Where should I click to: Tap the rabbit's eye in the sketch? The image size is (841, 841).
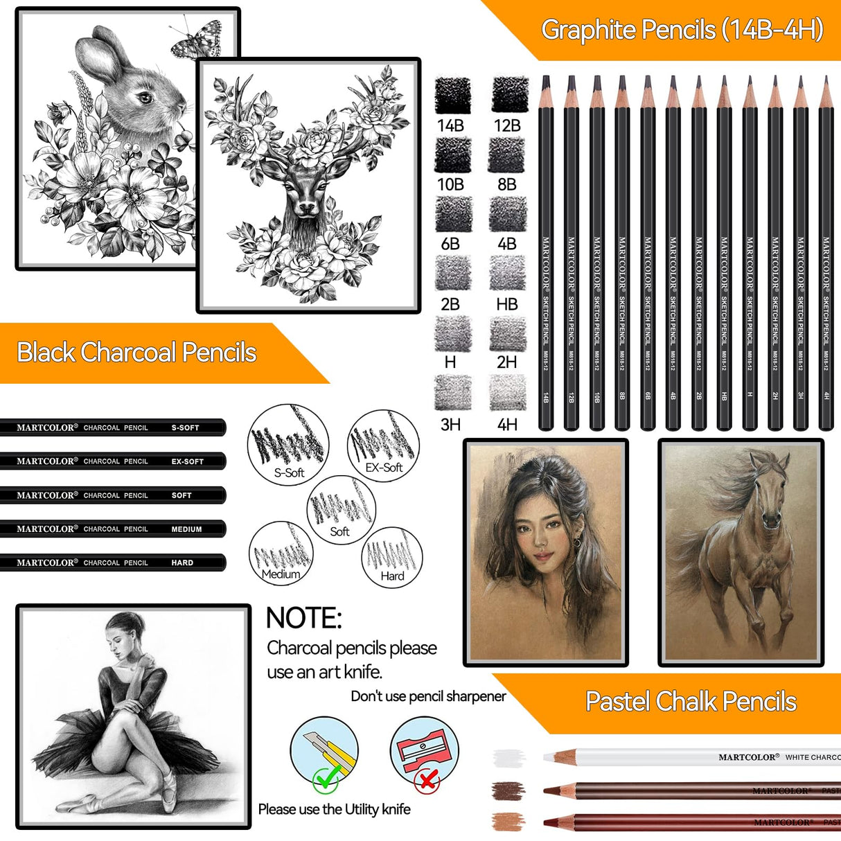click(x=145, y=98)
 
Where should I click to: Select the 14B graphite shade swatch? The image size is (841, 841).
click(x=452, y=95)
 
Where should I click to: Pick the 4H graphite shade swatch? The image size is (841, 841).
click(x=507, y=393)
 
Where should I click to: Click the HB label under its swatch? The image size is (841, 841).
click(x=507, y=304)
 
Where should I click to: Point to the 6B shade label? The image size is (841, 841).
click(x=450, y=244)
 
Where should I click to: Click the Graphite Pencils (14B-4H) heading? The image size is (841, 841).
click(x=682, y=30)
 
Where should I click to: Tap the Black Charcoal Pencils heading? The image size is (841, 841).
click(x=136, y=353)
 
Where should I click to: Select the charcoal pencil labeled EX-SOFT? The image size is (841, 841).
click(x=112, y=461)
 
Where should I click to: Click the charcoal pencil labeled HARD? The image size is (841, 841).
click(x=112, y=563)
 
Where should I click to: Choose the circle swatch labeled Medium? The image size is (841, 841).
click(x=281, y=553)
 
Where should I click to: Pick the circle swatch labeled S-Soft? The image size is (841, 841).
click(x=288, y=444)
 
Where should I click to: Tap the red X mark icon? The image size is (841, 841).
click(x=427, y=781)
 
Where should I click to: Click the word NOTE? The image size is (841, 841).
click(x=303, y=618)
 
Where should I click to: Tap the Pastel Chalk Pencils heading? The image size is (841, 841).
click(x=691, y=702)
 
